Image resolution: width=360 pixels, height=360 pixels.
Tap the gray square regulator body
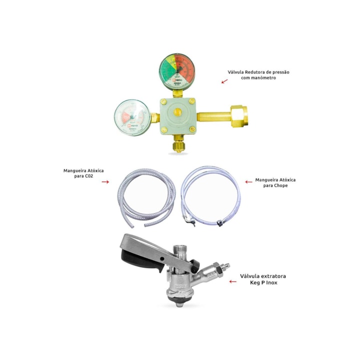click(x=177, y=116)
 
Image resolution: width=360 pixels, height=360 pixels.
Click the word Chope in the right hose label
click(x=282, y=185)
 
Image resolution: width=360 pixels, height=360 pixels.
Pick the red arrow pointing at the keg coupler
click(x=232, y=282)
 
